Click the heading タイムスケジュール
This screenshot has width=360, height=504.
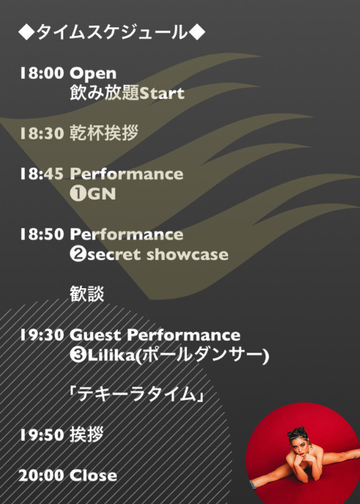[112, 32]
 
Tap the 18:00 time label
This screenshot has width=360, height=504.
[42, 73]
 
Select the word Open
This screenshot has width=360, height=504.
[93, 74]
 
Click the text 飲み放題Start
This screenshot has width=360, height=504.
[127, 93]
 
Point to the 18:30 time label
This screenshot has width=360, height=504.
[42, 133]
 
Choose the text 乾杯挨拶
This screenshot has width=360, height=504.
[103, 133]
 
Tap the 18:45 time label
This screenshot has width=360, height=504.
[42, 173]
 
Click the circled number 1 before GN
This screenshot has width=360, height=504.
[78, 193]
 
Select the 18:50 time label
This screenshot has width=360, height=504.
[42, 234]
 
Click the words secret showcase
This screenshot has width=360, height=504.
[157, 254]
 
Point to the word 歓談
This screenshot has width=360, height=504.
[87, 294]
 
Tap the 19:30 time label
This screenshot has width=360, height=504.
[42, 335]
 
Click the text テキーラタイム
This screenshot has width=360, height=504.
[136, 394]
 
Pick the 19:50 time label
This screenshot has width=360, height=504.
[42, 435]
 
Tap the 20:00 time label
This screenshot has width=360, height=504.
[41, 475]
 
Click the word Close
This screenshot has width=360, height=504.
[93, 475]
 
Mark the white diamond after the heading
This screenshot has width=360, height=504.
[196, 32]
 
